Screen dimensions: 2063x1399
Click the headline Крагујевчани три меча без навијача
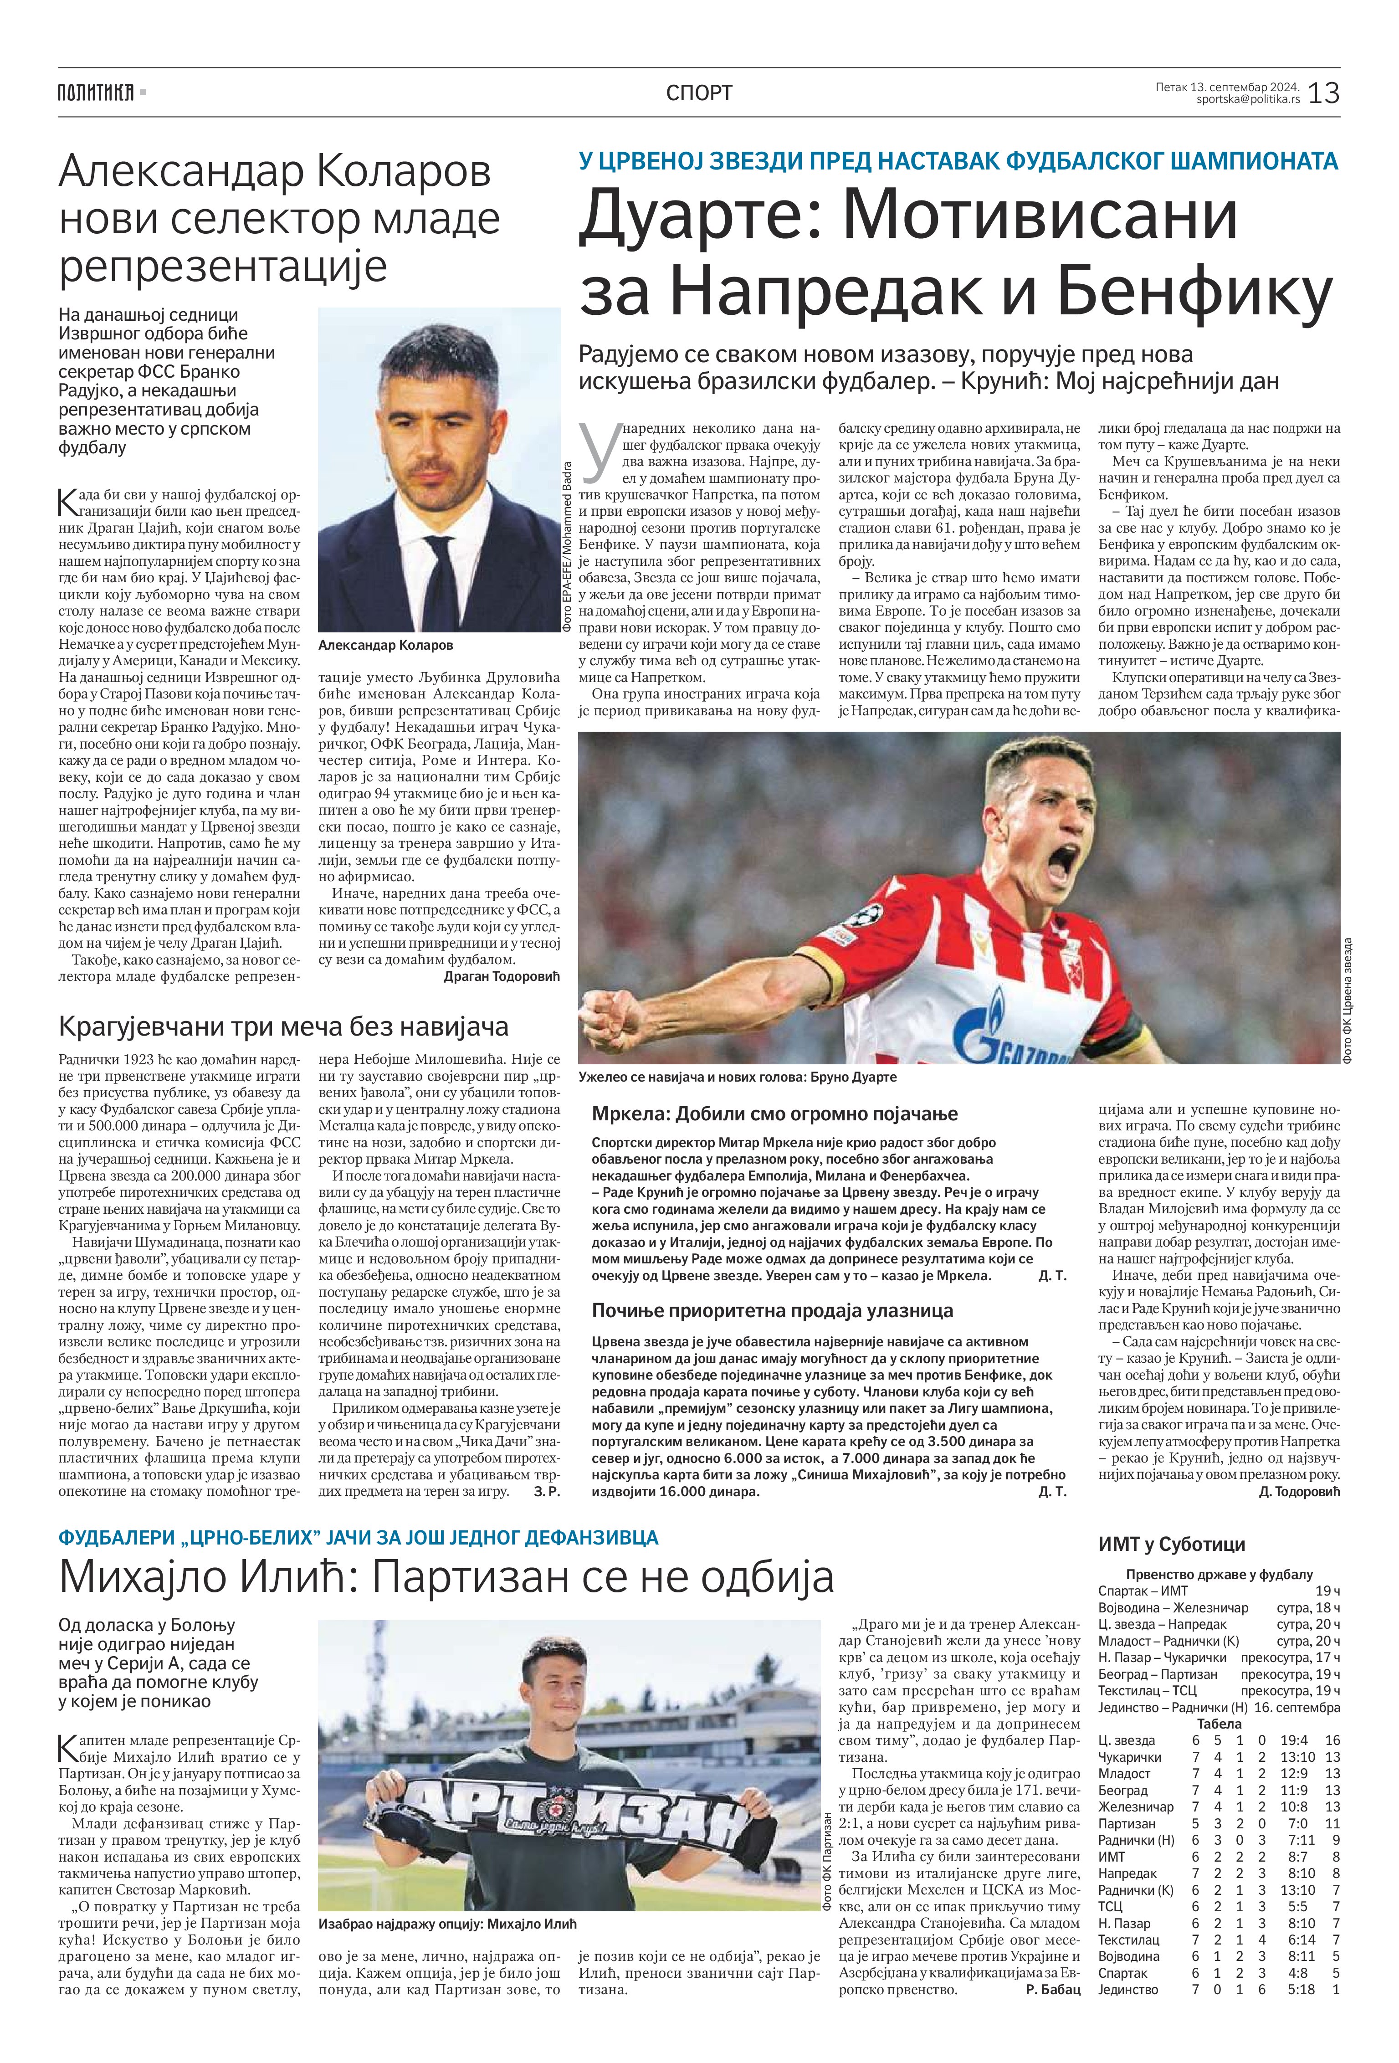(283, 1027)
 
